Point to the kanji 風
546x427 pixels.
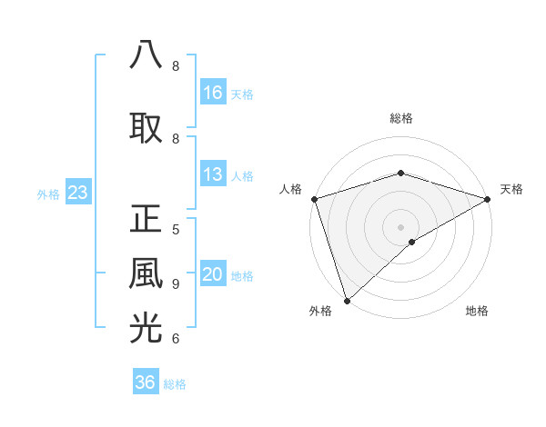point(147,273)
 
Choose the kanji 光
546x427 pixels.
point(147,328)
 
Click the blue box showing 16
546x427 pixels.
point(213,92)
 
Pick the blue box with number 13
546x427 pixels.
point(213,174)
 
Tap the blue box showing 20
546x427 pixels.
point(213,275)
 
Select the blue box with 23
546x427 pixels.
point(77,192)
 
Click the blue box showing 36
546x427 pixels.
point(146,382)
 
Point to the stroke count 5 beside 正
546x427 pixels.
point(176,229)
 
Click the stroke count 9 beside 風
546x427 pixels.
point(176,283)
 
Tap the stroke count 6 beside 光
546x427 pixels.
point(176,339)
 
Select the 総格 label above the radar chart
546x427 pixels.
point(401,118)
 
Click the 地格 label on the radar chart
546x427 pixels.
point(477,312)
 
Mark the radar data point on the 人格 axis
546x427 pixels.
point(314,198)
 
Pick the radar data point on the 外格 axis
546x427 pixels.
point(347,301)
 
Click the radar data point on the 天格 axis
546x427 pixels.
point(488,198)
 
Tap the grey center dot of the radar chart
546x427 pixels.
point(400,226)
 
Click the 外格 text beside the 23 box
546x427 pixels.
point(48,194)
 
